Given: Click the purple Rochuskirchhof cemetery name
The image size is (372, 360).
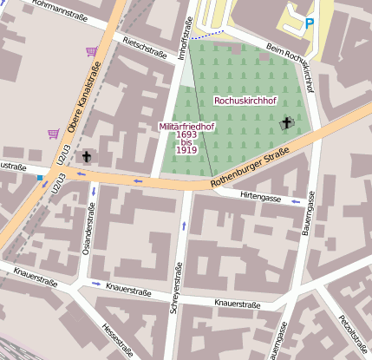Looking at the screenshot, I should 245,101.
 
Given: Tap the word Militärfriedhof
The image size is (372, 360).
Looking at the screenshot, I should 187,126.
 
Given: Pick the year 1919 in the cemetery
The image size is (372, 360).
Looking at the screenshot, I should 186,150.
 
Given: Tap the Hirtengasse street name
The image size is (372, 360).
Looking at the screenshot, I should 260,198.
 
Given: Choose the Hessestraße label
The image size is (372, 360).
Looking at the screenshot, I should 118,341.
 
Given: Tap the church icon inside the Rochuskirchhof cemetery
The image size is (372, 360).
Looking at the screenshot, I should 288,125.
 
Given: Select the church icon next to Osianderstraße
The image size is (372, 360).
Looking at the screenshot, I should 86,157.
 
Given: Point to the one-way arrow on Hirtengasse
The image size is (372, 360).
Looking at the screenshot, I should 296,202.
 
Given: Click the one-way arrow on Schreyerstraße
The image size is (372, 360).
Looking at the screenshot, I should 184,226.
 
